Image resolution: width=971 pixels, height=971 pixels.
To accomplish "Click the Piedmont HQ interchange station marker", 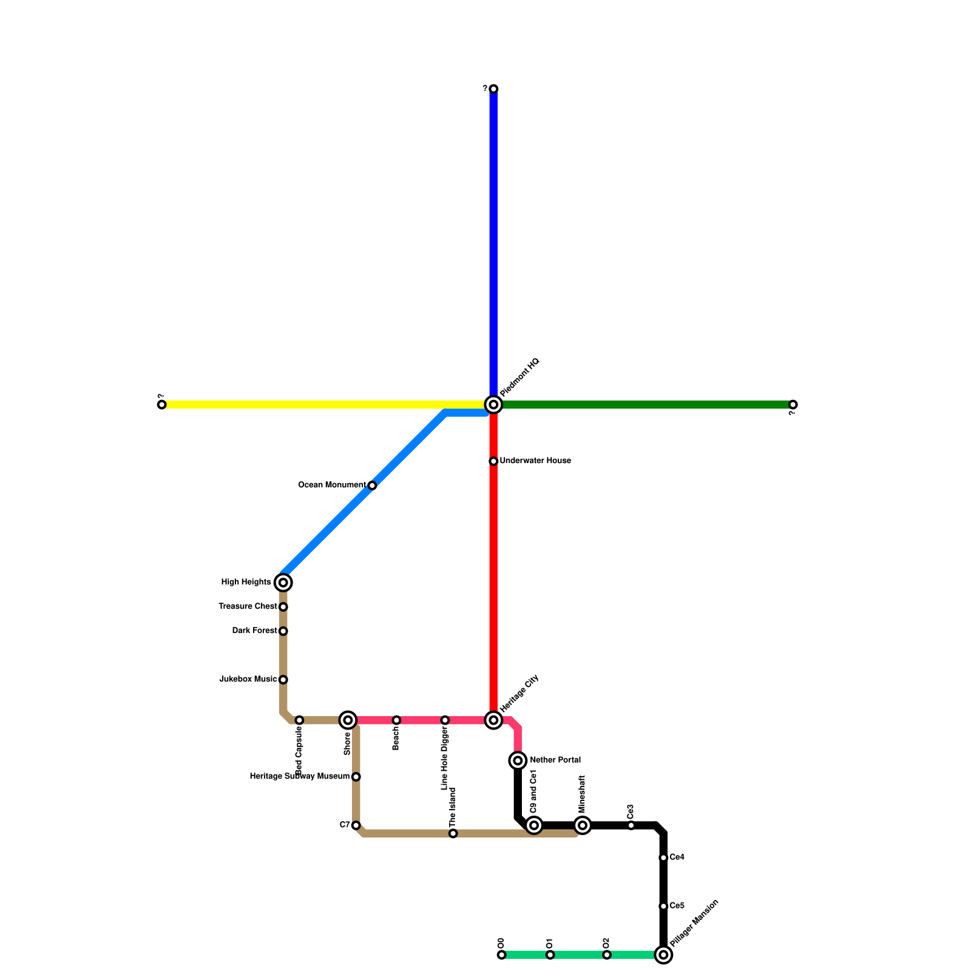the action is [x=493, y=404].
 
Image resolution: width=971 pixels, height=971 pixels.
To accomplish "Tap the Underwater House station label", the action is [x=535, y=461].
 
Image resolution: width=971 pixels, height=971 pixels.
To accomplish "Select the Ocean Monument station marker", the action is [x=372, y=486].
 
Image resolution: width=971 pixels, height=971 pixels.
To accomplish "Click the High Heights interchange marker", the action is [x=283, y=583].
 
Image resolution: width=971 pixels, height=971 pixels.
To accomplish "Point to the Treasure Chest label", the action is [x=248, y=606].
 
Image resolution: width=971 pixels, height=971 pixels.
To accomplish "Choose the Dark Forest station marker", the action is [x=283, y=631].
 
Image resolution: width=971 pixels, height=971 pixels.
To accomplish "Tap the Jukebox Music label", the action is [x=248, y=679].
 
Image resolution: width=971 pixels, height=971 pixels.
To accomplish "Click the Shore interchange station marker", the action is [x=348, y=720].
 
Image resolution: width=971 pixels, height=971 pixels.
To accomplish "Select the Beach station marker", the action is [x=396, y=720].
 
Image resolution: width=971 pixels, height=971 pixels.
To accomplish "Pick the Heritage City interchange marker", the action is [x=493, y=720].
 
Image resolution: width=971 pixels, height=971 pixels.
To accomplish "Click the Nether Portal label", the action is [x=555, y=760].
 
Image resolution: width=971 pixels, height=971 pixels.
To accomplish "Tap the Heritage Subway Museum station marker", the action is [x=356, y=777].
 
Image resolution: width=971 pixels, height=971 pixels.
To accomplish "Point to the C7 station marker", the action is [x=356, y=825].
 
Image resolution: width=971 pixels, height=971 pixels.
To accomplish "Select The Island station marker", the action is [x=453, y=834].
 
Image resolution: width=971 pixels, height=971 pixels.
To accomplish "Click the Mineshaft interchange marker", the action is [x=583, y=825].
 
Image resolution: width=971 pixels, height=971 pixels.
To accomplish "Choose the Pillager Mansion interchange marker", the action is [x=663, y=955].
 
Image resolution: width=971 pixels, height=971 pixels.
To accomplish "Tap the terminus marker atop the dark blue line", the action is [x=493, y=89].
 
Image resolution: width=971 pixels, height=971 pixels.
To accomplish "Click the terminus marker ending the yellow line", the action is [x=161, y=405].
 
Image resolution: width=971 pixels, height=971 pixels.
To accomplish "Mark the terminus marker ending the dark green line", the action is [x=793, y=405].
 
